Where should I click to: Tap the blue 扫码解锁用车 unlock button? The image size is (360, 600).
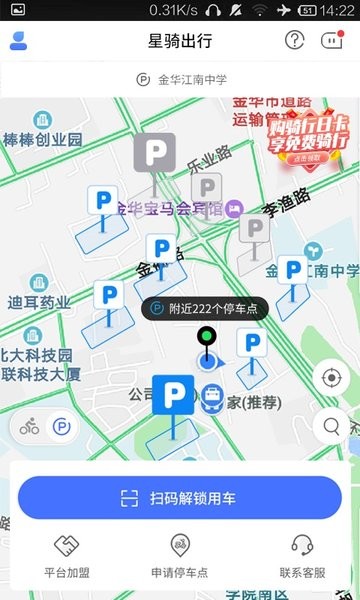tap(180, 498)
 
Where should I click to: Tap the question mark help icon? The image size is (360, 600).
tap(294, 41)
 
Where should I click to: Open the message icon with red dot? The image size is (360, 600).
tap(331, 41)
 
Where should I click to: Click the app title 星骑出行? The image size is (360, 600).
tap(180, 41)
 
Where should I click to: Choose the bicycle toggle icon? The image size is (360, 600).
tap(30, 427)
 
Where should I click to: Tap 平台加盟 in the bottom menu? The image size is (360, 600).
tap(67, 555)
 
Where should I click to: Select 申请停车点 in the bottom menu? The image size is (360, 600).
tap(180, 555)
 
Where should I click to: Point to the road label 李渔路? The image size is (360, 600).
tap(285, 209)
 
